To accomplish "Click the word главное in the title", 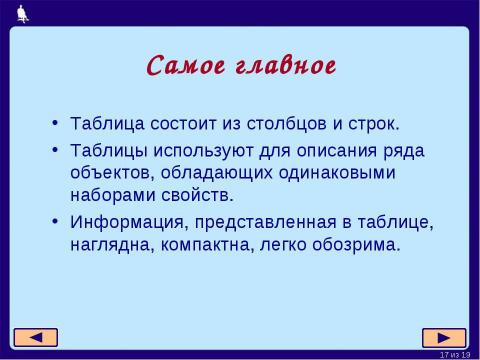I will coord(281,66).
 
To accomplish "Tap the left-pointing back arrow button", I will coord(35,337).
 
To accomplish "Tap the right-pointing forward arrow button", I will coord(444,337).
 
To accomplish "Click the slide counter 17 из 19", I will coord(453,354).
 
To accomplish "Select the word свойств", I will coord(195,194).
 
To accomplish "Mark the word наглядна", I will coord(111,243).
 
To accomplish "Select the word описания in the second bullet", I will coord(323,150).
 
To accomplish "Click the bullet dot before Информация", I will coord(53,221).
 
